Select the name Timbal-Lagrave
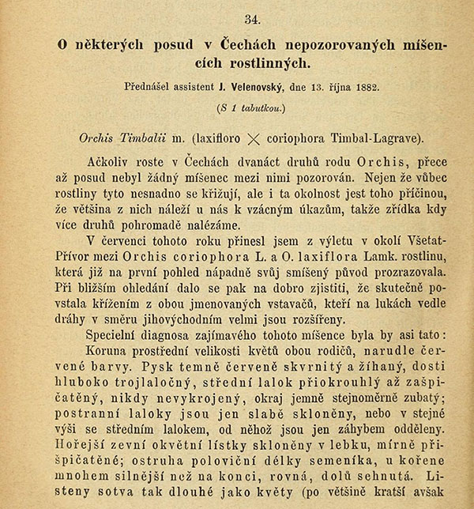point(376,137)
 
